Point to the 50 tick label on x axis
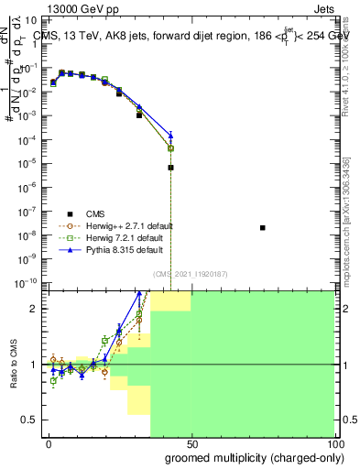tap(191, 444)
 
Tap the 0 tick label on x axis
tap(49, 444)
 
